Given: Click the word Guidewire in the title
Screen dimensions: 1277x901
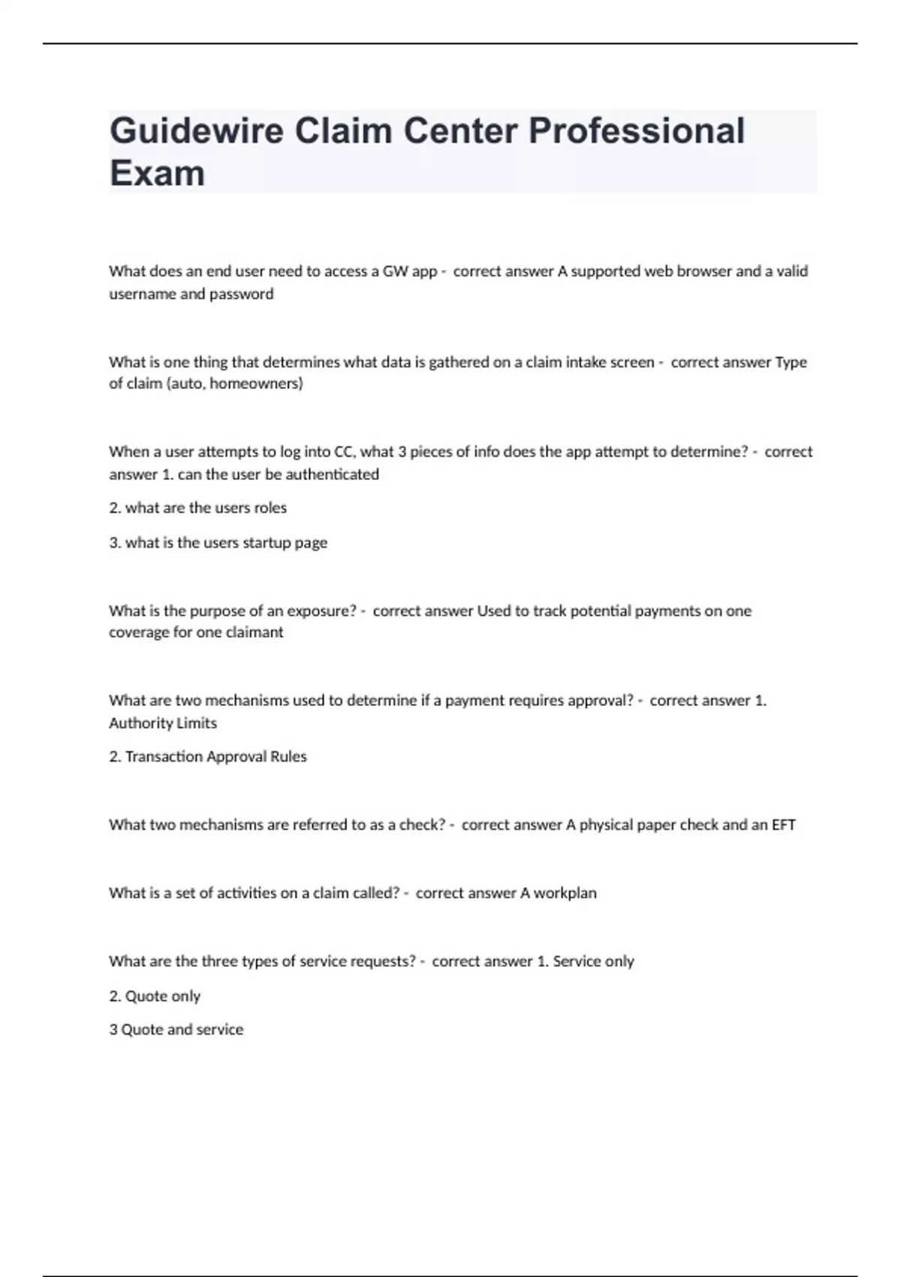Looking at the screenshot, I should [197, 131].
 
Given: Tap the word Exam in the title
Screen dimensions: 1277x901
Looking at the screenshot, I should [157, 174].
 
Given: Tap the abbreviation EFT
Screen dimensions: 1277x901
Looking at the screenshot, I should [783, 825].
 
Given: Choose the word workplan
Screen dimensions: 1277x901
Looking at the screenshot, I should [565, 893].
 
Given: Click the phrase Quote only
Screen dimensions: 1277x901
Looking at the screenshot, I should [162, 996].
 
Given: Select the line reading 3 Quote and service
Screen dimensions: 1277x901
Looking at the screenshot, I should [176, 1030].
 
